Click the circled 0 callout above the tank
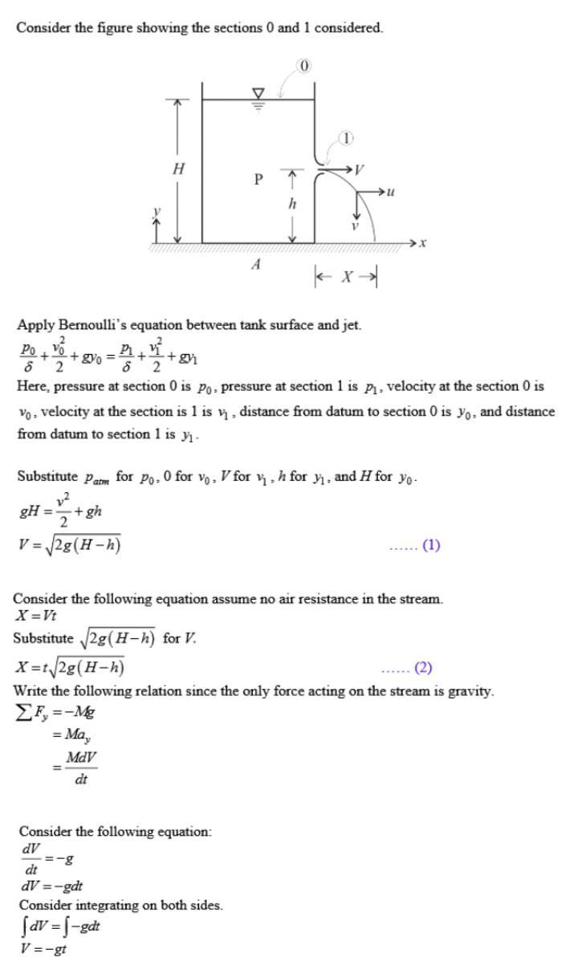pos(304,66)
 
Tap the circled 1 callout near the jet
pos(345,138)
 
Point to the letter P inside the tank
pos(258,179)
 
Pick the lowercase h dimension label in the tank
pos(292,204)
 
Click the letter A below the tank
pos(255,264)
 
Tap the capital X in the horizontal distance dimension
pos(346,277)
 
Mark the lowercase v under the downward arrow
pos(354,226)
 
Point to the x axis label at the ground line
pos(421,242)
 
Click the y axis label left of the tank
pos(157,213)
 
